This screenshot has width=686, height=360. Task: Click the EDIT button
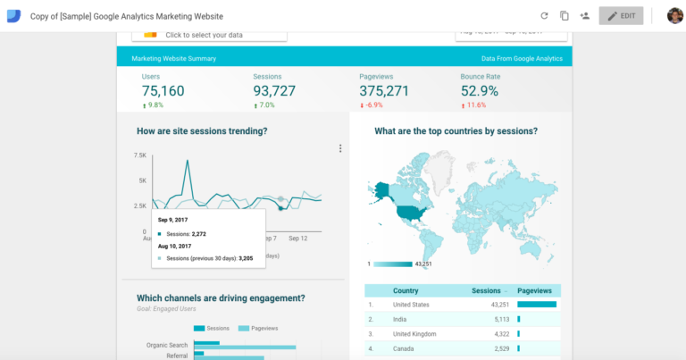pos(621,16)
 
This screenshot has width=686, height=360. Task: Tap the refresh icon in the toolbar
pos(544,16)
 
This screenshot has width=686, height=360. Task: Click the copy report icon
pos(565,16)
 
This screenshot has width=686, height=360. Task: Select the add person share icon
pos(585,16)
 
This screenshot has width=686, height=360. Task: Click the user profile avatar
pos(674,16)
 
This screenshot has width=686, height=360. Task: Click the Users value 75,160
pos(163,91)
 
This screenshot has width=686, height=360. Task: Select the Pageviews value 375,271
pos(384,91)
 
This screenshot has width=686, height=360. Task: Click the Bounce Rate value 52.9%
pos(480,91)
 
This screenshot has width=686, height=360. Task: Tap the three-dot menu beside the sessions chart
pos(340,149)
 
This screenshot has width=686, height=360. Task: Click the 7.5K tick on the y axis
pos(139,155)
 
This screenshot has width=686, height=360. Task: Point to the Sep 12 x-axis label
pos(297,239)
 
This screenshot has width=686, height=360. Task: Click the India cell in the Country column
pos(400,318)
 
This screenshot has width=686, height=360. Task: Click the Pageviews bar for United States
pos(537,305)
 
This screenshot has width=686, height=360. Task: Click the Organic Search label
pos(166,345)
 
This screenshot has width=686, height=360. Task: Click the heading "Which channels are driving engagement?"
pos(221,298)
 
